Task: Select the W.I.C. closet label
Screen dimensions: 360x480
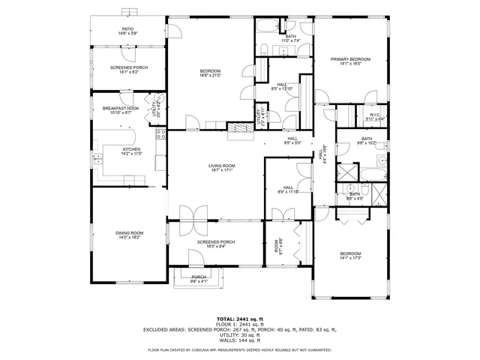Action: [375, 115]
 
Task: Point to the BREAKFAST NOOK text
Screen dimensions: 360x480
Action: [121, 109]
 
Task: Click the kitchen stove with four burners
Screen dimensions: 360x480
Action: [160, 135]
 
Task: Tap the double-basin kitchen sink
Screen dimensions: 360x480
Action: [97, 158]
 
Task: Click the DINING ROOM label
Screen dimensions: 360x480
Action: [129, 232]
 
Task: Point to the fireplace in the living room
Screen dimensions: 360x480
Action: [241, 128]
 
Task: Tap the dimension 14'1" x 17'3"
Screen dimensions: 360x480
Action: [351, 258]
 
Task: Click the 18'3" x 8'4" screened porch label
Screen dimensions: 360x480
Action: [216, 245]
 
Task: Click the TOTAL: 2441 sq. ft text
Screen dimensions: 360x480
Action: [239, 318]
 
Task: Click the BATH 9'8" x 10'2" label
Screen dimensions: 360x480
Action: [366, 141]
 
